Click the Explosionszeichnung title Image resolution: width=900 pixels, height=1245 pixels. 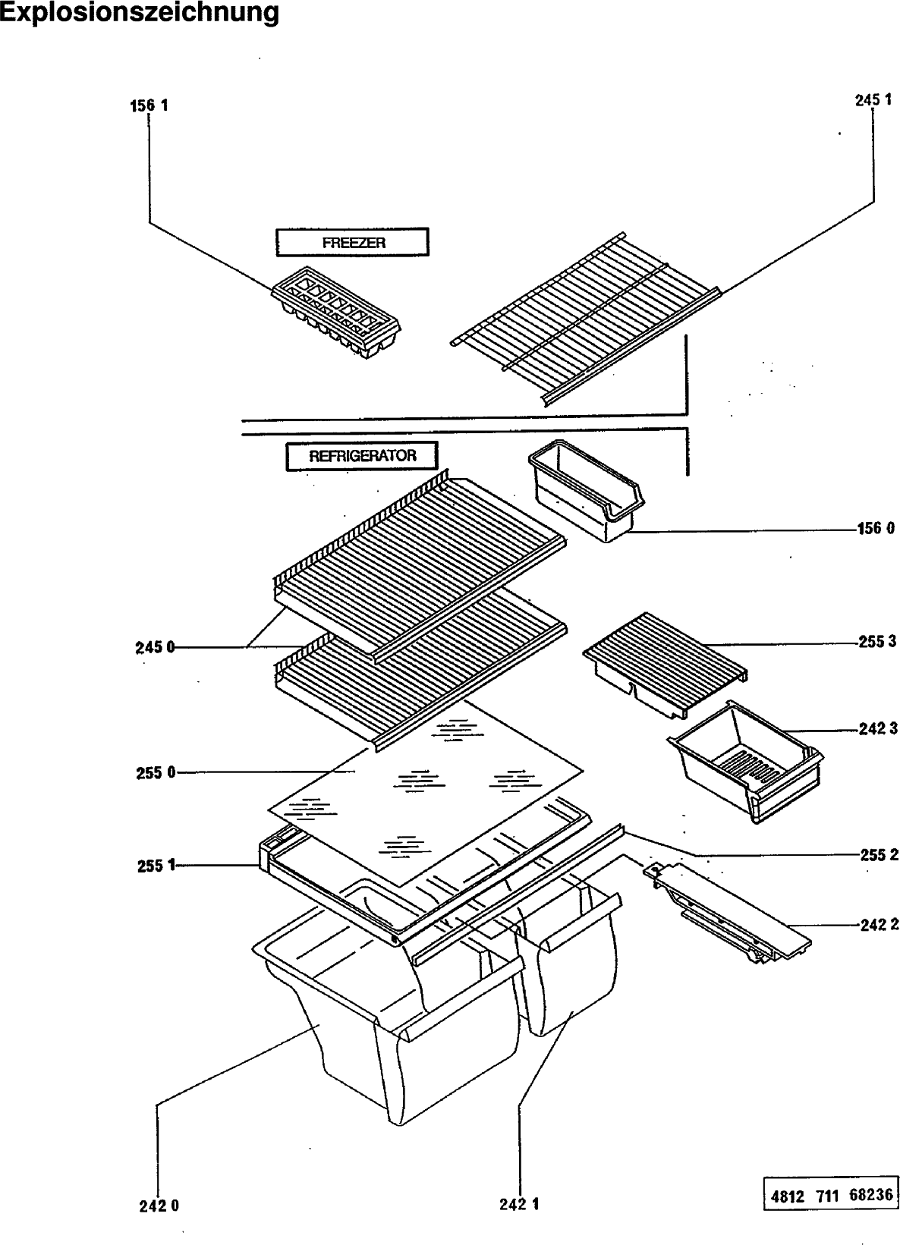140,14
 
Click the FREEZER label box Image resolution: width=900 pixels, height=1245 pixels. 352,243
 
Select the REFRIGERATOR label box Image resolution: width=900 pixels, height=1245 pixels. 362,457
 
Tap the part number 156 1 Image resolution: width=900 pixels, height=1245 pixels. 149,105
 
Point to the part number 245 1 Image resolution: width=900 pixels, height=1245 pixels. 873,99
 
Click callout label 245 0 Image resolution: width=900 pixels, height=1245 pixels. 155,647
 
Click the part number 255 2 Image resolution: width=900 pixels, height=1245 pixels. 879,855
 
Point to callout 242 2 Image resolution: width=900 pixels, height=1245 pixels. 879,925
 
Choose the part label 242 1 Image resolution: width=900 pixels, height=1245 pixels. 520,1204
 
